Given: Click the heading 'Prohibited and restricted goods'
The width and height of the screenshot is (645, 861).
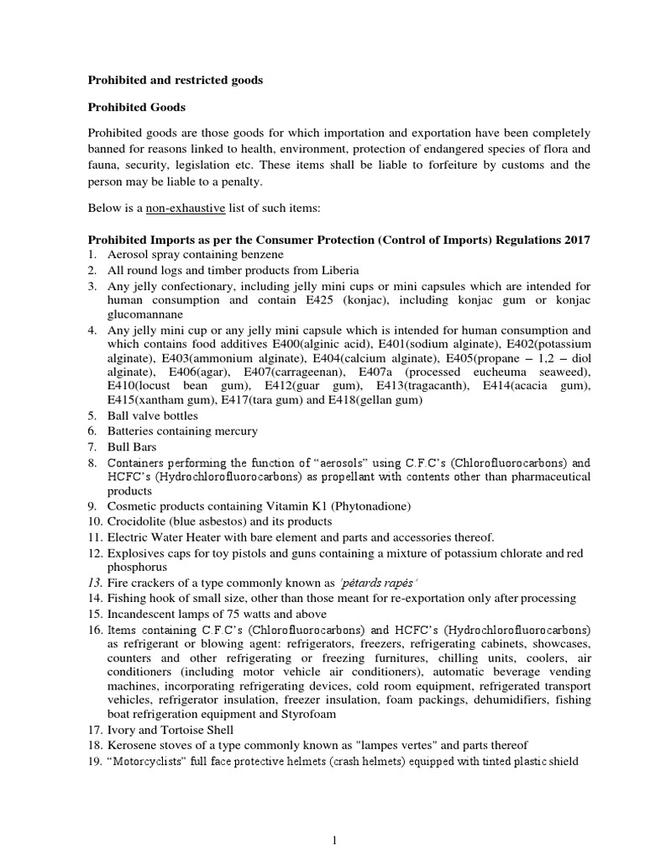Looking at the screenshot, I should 176,81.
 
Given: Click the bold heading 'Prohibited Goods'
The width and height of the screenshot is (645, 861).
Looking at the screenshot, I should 137,108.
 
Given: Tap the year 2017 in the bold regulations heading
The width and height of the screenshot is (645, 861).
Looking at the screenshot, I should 576,240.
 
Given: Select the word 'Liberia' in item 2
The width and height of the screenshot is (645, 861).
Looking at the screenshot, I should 337,270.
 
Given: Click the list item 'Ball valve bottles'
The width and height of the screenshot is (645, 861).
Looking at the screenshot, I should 152,415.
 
